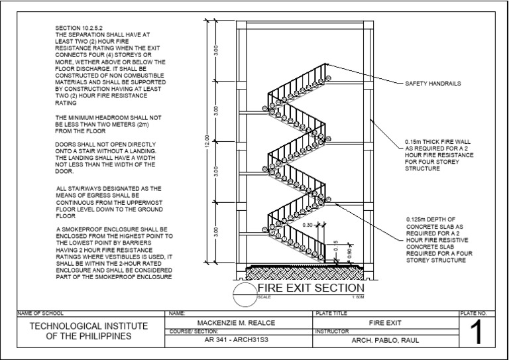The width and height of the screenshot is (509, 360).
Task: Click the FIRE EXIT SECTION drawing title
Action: (310, 288)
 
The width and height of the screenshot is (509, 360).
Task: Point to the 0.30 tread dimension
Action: (306, 225)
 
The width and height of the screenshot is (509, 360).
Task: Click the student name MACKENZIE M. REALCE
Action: (236, 322)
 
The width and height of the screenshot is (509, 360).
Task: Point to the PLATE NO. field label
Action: (473, 312)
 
